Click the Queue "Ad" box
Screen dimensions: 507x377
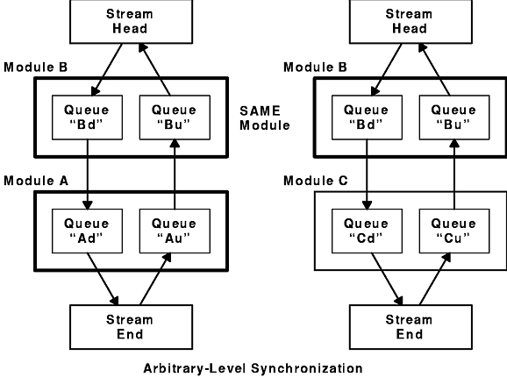click(88, 231)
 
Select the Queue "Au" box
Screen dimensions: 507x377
click(175, 231)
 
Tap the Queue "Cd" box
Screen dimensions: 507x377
click(367, 231)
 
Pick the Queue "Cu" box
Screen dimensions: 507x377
click(454, 231)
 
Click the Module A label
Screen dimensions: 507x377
click(36, 181)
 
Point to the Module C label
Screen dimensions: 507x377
click(316, 181)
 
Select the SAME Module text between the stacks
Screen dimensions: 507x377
click(265, 117)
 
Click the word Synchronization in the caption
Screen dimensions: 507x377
click(306, 368)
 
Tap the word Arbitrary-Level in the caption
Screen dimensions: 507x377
click(195, 368)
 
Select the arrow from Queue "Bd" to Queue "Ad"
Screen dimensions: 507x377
click(88, 174)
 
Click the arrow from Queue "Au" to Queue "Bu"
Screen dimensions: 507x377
click(175, 174)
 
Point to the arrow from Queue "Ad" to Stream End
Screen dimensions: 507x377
click(103, 279)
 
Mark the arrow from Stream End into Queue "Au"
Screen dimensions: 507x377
click(155, 279)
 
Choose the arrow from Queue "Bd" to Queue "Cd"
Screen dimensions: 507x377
click(367, 174)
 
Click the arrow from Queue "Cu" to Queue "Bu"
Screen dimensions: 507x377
click(454, 174)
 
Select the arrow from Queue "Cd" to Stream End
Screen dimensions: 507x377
click(387, 279)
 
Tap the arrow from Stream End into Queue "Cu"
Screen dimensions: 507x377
click(435, 279)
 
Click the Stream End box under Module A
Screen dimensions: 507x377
click(132, 327)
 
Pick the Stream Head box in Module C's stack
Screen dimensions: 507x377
click(411, 21)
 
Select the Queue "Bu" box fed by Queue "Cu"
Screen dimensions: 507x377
click(454, 117)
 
